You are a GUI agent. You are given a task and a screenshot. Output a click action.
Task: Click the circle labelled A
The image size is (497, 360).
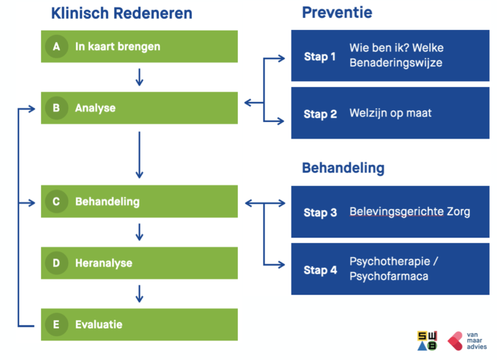coord(57,47)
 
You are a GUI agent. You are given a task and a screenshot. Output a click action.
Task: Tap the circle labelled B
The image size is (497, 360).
coord(57,108)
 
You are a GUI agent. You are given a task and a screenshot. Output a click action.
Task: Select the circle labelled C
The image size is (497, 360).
coord(57,201)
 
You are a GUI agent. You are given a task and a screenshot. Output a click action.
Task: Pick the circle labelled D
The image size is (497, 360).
coord(57,263)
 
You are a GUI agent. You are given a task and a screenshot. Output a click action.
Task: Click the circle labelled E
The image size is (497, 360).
coord(57,325)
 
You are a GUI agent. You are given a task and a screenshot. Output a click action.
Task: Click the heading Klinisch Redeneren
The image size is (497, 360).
coord(122,13)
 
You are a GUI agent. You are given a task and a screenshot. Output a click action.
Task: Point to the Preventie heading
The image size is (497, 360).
coord(337,12)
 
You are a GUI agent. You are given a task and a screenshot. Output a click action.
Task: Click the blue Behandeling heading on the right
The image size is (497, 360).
coord(343,168)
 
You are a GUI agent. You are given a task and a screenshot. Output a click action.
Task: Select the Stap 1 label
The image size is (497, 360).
coord(320,57)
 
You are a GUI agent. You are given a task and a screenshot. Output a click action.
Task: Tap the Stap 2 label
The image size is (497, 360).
coord(320,114)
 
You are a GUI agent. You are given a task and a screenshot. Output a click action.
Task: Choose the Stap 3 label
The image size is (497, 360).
coord(320,213)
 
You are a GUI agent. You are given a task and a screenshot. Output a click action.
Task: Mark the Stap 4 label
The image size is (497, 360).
coord(320,270)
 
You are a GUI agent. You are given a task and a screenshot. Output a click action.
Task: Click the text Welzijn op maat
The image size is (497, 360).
coord(390,114)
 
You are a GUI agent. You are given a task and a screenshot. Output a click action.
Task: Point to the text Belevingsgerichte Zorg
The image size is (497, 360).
coord(409,212)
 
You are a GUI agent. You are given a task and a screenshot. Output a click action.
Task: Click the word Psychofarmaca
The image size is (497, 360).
coord(389,276)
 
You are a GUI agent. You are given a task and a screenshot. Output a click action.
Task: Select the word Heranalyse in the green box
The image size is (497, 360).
coord(104,263)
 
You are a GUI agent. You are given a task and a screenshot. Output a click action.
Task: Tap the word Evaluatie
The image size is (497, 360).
coord(99,325)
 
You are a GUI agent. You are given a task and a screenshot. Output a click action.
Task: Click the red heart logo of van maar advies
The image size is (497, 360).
coord(455,340)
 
